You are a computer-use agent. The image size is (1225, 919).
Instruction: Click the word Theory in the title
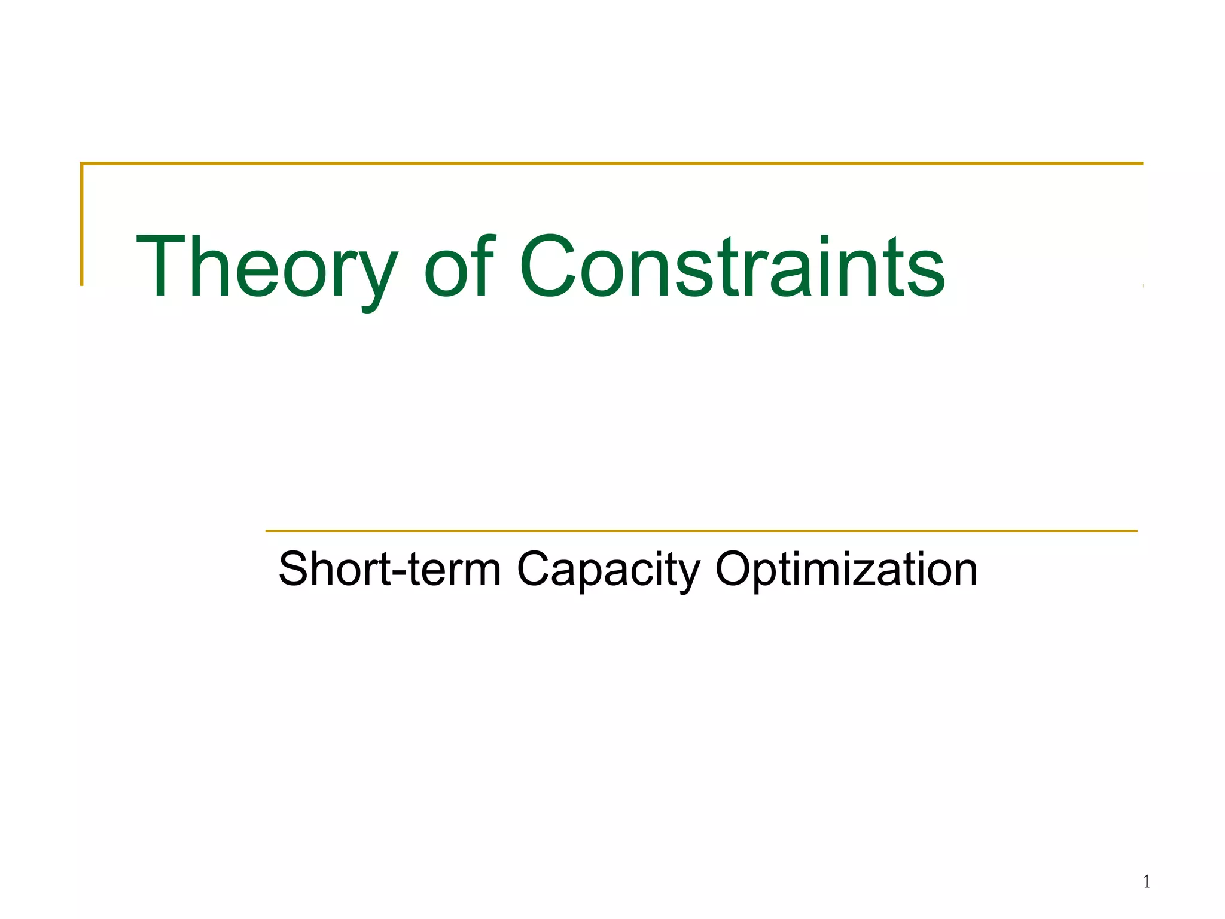pyautogui.click(x=267, y=267)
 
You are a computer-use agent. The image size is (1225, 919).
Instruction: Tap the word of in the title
pyautogui.click(x=459, y=267)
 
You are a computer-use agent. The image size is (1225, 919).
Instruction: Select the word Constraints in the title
pyautogui.click(x=732, y=267)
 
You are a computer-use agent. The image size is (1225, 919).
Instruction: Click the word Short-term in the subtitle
pyautogui.click(x=389, y=569)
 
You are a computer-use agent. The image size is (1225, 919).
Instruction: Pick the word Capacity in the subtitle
pyautogui.click(x=608, y=569)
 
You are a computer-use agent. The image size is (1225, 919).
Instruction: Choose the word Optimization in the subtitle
pyautogui.click(x=846, y=569)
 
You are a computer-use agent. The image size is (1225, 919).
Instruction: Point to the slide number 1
pyautogui.click(x=1147, y=881)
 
